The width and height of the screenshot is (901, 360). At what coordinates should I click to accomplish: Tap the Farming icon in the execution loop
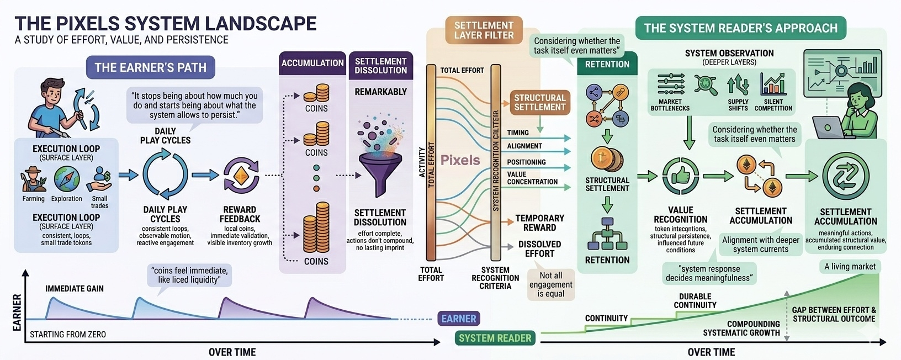coord(34,180)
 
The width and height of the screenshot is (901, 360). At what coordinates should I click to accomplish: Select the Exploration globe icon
coord(66,179)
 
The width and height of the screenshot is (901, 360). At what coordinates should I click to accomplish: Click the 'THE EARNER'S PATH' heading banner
coord(150,67)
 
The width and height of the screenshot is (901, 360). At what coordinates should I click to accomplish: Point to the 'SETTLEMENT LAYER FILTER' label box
coord(484,30)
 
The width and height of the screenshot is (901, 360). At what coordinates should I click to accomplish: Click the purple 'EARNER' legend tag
coord(458,319)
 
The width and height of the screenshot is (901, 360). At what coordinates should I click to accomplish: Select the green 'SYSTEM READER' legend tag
coord(495,338)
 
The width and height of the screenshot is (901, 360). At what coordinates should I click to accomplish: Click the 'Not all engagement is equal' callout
coord(550,284)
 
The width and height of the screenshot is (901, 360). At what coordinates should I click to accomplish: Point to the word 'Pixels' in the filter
coord(460,160)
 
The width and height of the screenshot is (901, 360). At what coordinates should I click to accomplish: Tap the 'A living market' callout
coord(850,267)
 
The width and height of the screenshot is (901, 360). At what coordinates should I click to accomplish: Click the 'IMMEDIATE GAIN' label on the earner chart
coord(75,288)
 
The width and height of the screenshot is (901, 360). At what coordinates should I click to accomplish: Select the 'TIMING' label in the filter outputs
coord(518,133)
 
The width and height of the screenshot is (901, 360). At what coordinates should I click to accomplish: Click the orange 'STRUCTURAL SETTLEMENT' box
coord(539,102)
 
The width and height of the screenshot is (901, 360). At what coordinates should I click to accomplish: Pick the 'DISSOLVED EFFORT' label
coord(539,249)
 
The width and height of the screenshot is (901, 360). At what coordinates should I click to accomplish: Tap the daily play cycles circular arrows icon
coord(165,175)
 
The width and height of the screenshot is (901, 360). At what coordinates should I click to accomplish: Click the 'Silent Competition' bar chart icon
coord(773,84)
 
